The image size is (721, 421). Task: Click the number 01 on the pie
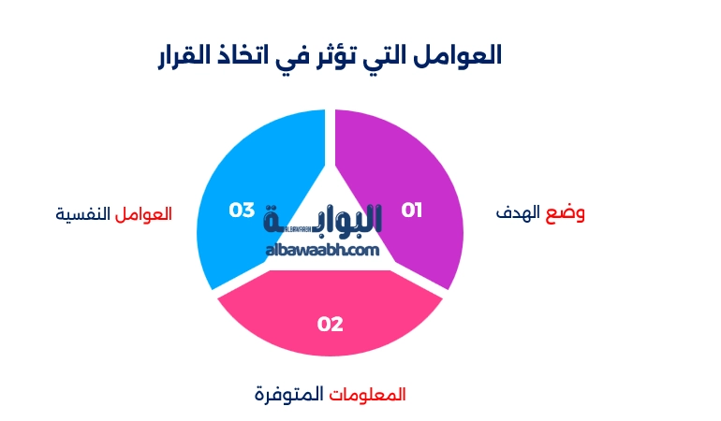[x=412, y=210]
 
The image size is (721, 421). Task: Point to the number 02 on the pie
[x=330, y=325]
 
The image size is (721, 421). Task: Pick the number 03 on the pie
[x=243, y=210]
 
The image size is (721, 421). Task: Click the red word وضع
[x=566, y=212]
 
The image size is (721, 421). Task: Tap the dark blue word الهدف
[x=519, y=213]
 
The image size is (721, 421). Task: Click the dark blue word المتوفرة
[x=288, y=395]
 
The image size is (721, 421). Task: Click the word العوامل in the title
[x=458, y=55]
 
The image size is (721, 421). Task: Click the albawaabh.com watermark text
[x=322, y=251]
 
